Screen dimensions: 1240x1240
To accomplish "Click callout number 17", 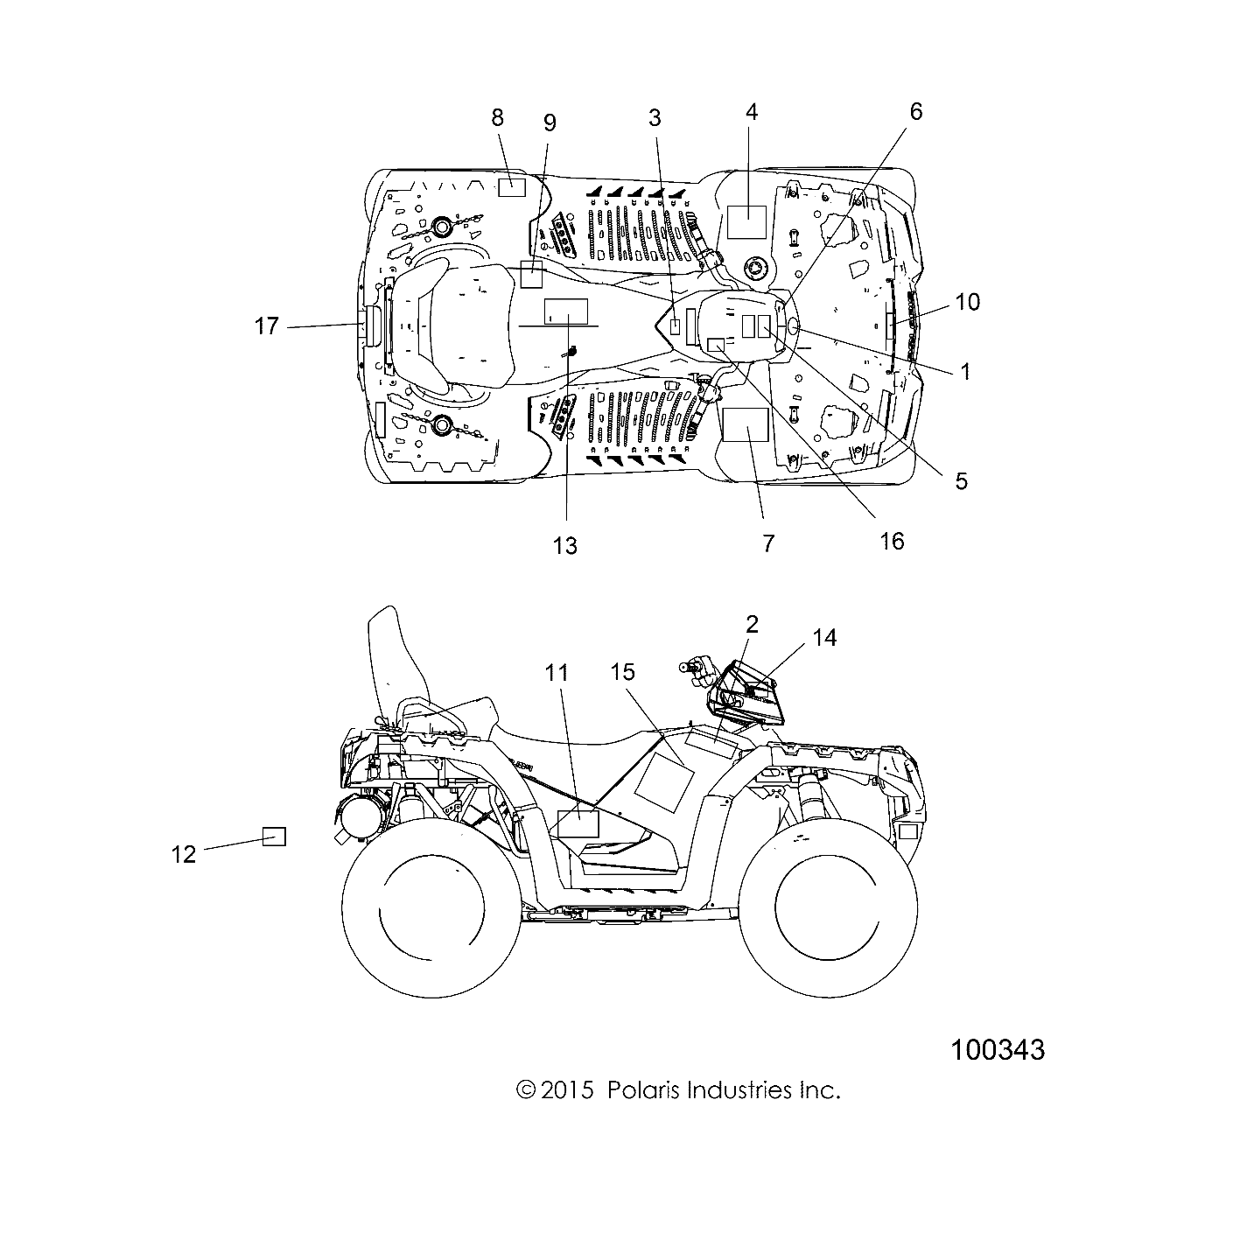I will (266, 326).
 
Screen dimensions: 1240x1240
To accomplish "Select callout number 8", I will (497, 116).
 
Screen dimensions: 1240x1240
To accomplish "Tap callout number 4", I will (751, 112).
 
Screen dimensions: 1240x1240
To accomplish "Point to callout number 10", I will (967, 302).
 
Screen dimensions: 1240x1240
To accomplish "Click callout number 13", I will (565, 545).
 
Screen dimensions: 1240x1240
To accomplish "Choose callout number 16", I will (891, 541).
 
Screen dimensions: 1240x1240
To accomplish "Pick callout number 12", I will (184, 853).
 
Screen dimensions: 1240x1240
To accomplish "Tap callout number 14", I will (824, 638).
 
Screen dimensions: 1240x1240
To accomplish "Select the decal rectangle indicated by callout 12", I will (275, 836).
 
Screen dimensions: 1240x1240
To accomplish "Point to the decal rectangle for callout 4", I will (747, 222).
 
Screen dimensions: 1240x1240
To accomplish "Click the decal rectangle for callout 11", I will (578, 823).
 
